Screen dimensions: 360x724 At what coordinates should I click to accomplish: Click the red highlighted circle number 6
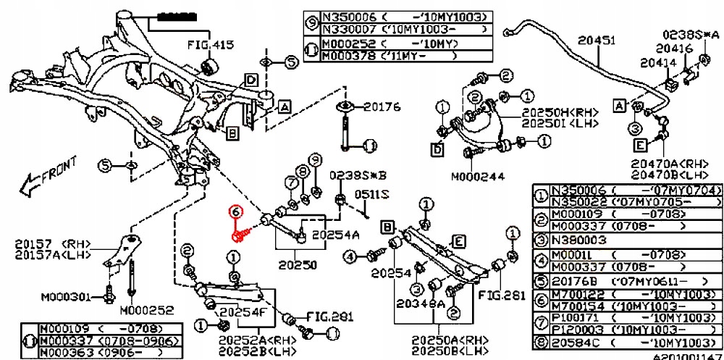click(234, 212)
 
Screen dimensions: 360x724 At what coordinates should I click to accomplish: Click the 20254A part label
click(335, 234)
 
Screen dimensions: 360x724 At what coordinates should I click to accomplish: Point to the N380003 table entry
click(581, 238)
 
